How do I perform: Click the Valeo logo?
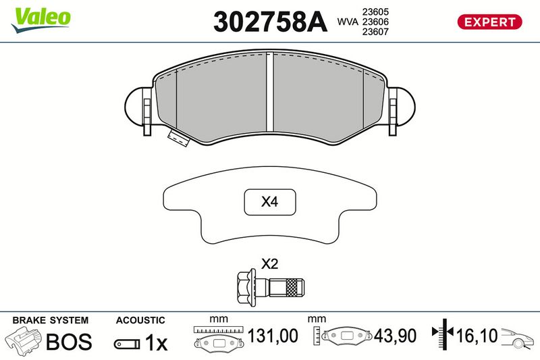pos(40,20)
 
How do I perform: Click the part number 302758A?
pos(270,22)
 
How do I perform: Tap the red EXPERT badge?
pos(489,22)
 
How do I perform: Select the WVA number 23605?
pos(375,11)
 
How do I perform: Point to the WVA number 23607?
pos(375,32)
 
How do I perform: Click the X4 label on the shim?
pos(269,201)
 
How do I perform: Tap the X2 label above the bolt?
pos(269,264)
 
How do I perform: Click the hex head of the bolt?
pos(246,288)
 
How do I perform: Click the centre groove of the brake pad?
pos(270,92)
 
